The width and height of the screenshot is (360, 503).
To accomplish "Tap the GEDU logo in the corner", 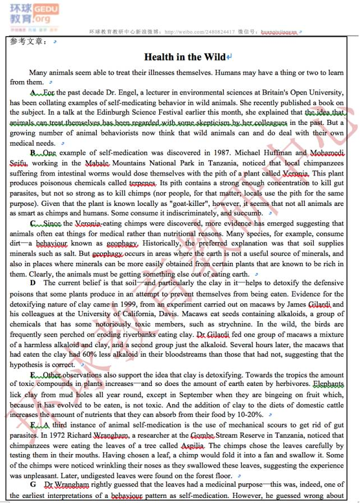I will point(42,10).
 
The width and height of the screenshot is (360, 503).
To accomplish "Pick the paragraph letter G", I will point(33,486).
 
